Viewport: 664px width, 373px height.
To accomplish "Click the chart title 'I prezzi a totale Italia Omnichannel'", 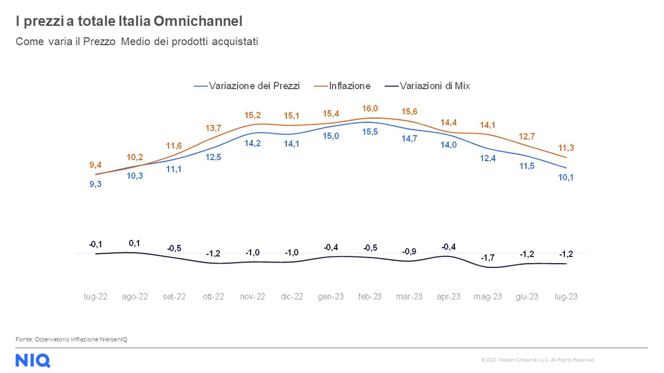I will click(128, 22).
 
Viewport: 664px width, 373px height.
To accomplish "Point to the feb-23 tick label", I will click(370, 297).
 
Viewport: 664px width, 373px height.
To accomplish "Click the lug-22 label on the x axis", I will click(95, 297).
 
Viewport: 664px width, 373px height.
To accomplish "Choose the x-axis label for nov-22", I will click(252, 297).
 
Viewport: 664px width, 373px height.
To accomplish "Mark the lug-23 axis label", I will click(566, 297).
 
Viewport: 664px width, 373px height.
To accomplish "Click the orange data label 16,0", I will click(370, 109).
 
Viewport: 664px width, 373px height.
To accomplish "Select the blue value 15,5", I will click(370, 132).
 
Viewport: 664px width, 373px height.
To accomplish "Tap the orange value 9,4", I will click(95, 165).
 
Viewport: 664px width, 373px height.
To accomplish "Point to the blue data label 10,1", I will click(566, 177).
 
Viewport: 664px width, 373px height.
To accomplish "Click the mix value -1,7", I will click(487, 258).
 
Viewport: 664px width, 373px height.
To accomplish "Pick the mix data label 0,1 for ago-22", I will click(134, 243).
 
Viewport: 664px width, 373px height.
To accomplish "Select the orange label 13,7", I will click(214, 128).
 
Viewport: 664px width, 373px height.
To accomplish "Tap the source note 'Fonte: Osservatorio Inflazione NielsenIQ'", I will click(71, 339).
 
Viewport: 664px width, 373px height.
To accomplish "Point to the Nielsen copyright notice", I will click(538, 360).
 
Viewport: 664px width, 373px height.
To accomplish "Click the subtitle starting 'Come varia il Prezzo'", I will click(137, 41).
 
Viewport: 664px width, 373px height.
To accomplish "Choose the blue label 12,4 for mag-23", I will click(487, 159).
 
